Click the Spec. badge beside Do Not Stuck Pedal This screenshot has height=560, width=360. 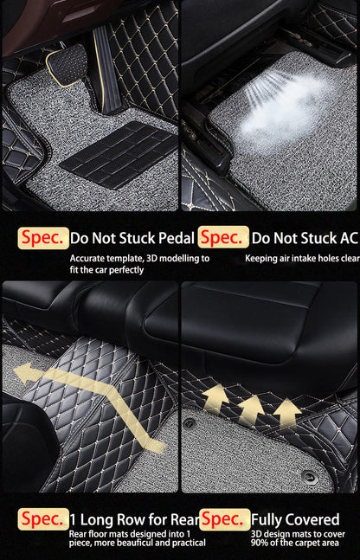[x=43, y=236]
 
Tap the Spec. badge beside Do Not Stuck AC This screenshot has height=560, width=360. [x=223, y=236]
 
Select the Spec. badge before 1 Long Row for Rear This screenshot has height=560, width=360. [x=43, y=519]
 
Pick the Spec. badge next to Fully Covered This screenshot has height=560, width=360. [x=223, y=519]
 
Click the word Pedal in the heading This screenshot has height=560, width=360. [x=175, y=236]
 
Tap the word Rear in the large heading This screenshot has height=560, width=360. [x=183, y=519]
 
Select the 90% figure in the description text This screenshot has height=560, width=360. [x=260, y=543]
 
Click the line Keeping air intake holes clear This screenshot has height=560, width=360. [x=301, y=258]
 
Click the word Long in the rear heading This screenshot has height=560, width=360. [x=100, y=519]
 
